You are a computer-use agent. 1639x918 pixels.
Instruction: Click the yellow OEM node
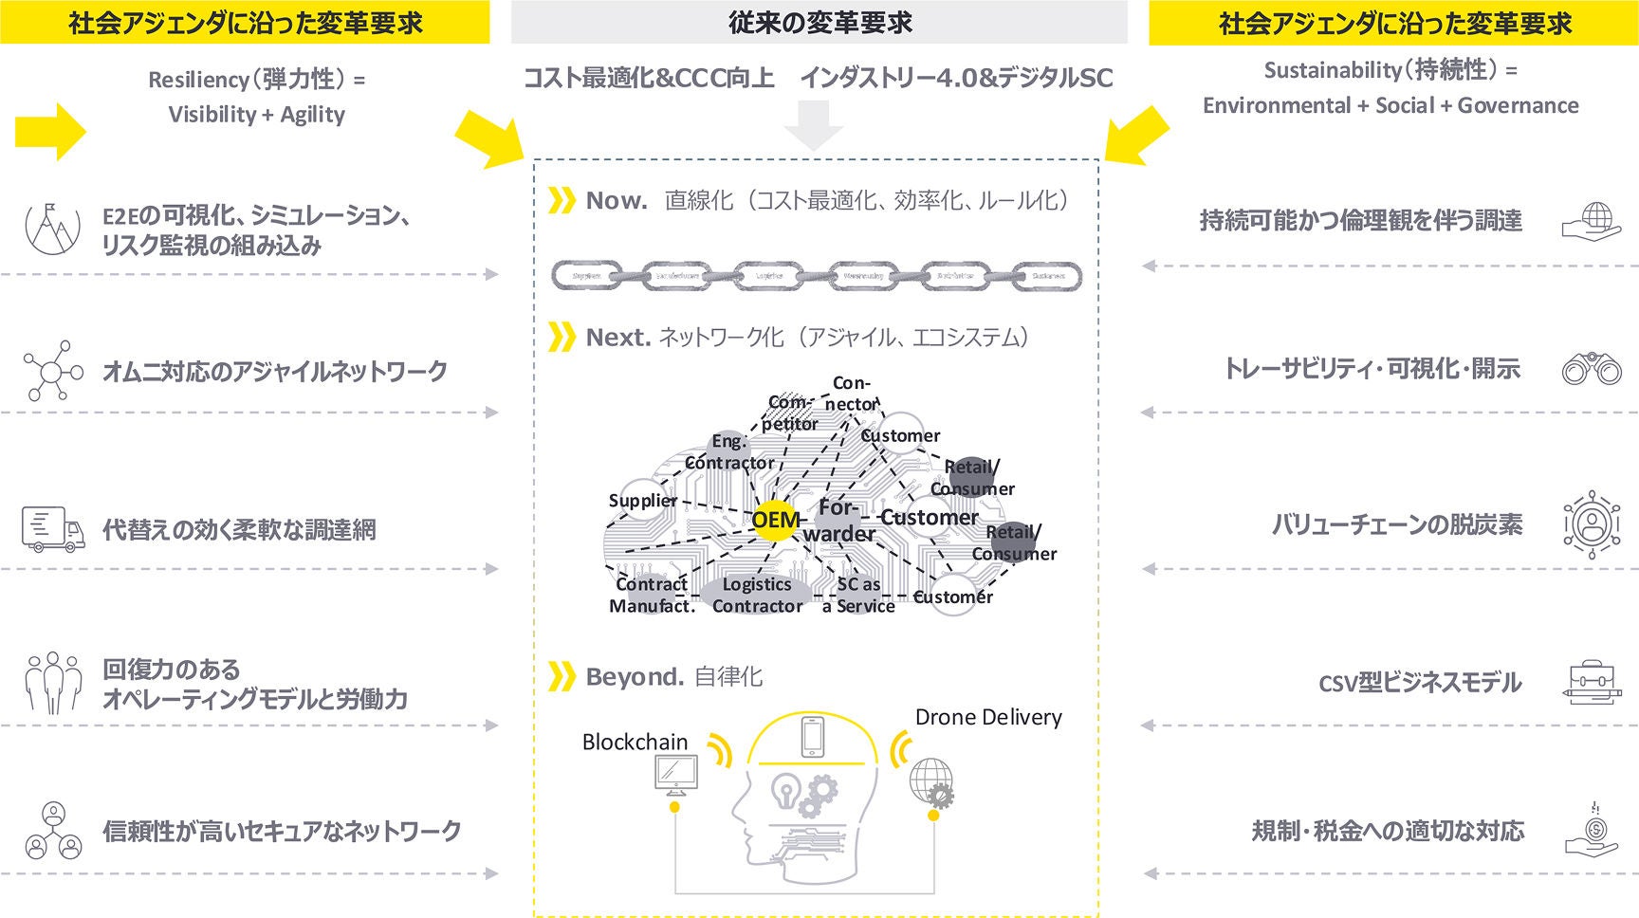click(x=774, y=520)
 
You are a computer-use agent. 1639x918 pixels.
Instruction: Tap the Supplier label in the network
click(x=643, y=501)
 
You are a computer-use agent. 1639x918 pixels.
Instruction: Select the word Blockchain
click(x=635, y=742)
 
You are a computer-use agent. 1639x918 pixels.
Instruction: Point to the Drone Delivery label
click(x=987, y=717)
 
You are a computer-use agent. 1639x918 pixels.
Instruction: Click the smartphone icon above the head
click(x=812, y=737)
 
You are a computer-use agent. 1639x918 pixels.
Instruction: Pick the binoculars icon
click(x=1591, y=368)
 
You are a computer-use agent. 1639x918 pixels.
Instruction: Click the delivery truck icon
click(x=53, y=529)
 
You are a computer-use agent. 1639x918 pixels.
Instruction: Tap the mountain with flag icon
click(x=53, y=228)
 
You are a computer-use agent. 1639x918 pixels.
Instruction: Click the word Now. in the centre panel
click(x=617, y=200)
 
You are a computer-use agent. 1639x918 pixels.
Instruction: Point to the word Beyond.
click(x=635, y=676)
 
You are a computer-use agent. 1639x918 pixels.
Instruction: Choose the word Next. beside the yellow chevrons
click(x=617, y=337)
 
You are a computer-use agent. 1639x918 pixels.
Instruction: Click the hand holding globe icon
click(x=1591, y=221)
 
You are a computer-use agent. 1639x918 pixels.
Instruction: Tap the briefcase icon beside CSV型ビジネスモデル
click(x=1591, y=682)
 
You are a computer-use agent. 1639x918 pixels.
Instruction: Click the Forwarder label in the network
click(x=838, y=521)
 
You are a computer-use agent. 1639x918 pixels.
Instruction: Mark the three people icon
click(x=53, y=682)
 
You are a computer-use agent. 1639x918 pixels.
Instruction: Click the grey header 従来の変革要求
click(x=819, y=23)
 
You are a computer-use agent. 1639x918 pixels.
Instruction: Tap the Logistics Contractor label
click(x=757, y=595)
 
